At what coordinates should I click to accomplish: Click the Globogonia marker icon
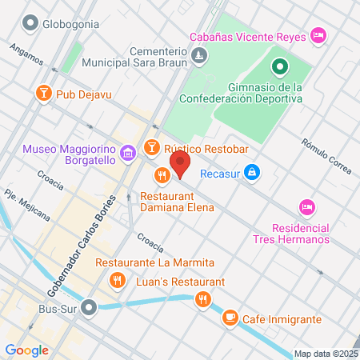click(x=31, y=23)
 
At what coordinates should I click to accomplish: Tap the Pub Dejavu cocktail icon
click(x=43, y=94)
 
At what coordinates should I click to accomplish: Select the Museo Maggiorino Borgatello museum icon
click(x=127, y=153)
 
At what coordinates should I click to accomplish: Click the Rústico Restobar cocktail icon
click(x=151, y=147)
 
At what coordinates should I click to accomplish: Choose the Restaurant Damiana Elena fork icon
click(x=162, y=175)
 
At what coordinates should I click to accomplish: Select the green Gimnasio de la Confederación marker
click(x=279, y=67)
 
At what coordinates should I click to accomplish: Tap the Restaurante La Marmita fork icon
click(x=118, y=280)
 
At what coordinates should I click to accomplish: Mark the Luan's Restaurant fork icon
click(x=204, y=300)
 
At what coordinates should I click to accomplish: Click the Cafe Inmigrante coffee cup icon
click(x=230, y=318)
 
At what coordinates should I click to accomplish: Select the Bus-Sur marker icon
click(x=91, y=306)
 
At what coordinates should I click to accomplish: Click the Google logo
click(x=27, y=350)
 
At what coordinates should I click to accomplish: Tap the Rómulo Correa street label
click(x=325, y=154)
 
